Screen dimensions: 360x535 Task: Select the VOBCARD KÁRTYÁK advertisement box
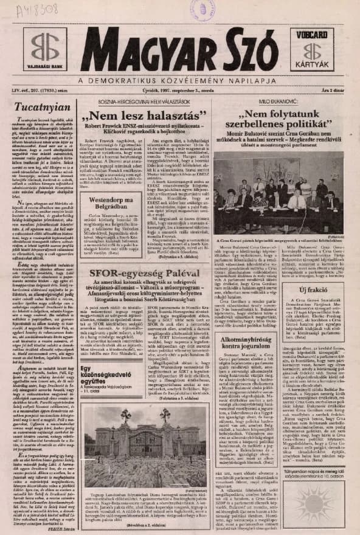pyautogui.click(x=311, y=49)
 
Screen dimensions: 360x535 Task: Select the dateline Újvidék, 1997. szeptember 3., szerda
pyautogui.click(x=179, y=91)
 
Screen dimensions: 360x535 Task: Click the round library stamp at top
pyautogui.click(x=202, y=9)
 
